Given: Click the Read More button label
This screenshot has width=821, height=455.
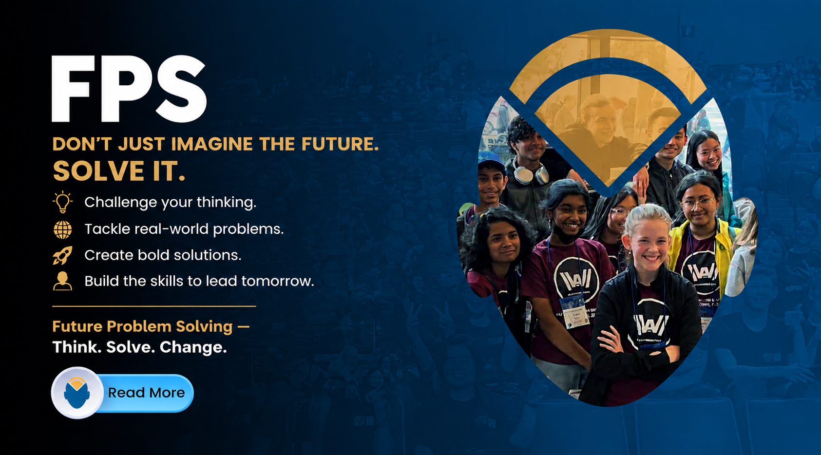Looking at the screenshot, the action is click(x=146, y=393).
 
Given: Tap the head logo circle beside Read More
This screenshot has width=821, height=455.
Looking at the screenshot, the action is click(x=77, y=393).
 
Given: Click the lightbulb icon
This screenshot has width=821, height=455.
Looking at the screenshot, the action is click(x=62, y=202).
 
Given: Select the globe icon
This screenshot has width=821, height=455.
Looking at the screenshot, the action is click(x=63, y=230).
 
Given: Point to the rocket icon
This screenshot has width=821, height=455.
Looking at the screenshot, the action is click(x=63, y=255).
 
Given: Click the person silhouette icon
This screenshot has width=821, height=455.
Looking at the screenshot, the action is click(x=62, y=281).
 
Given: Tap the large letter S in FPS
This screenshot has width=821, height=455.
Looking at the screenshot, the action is click(x=181, y=89).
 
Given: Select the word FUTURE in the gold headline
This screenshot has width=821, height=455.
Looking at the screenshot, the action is click(x=340, y=144).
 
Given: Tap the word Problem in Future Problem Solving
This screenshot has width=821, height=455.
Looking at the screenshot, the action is click(x=139, y=326).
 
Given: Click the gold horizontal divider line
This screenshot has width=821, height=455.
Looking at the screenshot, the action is click(x=154, y=306).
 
